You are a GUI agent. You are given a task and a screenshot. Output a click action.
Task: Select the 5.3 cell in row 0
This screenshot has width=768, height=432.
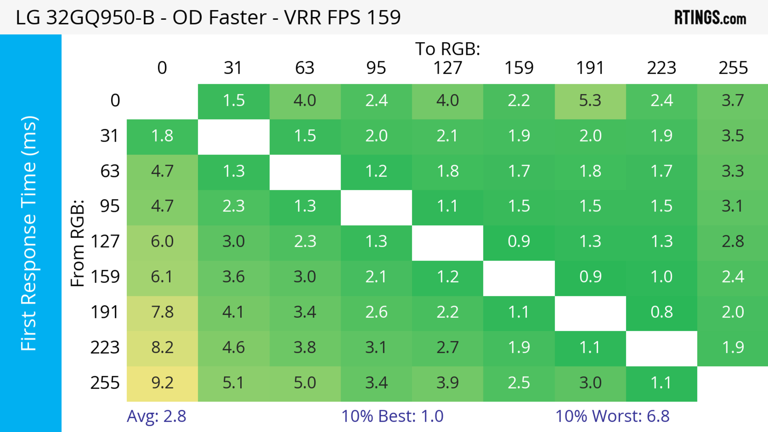pos(590,101)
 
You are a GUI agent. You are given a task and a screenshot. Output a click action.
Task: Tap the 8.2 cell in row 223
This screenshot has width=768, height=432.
pos(162,348)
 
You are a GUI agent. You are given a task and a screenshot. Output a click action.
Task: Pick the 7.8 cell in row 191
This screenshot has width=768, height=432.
pos(162,312)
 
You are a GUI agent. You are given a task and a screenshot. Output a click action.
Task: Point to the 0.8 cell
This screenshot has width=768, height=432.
pos(661,312)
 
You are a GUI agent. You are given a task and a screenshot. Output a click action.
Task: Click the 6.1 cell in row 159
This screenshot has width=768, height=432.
pos(162,277)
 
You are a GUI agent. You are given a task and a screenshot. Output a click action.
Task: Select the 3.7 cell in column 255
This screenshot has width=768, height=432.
pos(733,101)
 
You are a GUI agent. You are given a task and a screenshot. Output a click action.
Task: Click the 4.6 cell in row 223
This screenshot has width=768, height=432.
pos(233,348)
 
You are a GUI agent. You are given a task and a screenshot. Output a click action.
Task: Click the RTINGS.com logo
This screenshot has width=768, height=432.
pos(710,18)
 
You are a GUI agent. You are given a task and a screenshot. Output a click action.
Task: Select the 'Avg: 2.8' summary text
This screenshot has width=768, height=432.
pos(157,416)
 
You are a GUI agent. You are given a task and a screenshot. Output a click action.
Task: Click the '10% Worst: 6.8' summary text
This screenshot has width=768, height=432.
pos(612,416)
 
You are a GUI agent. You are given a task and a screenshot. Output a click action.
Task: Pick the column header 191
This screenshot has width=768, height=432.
pos(590,68)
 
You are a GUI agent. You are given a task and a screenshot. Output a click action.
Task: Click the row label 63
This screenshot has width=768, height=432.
pos(110,172)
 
